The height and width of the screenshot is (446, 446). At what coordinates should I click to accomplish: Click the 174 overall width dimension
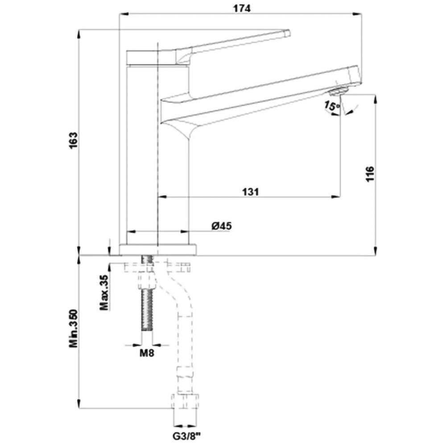[242, 8]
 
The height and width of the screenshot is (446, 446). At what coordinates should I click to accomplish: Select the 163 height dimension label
[73, 140]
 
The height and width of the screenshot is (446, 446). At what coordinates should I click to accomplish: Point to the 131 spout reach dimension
[251, 192]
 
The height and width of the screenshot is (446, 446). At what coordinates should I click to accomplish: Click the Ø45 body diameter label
[222, 226]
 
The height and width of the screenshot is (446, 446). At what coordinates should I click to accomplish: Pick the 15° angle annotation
[332, 106]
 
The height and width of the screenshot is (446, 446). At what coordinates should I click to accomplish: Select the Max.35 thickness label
[104, 292]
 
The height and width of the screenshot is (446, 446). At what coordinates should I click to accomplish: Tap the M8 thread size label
[147, 353]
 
